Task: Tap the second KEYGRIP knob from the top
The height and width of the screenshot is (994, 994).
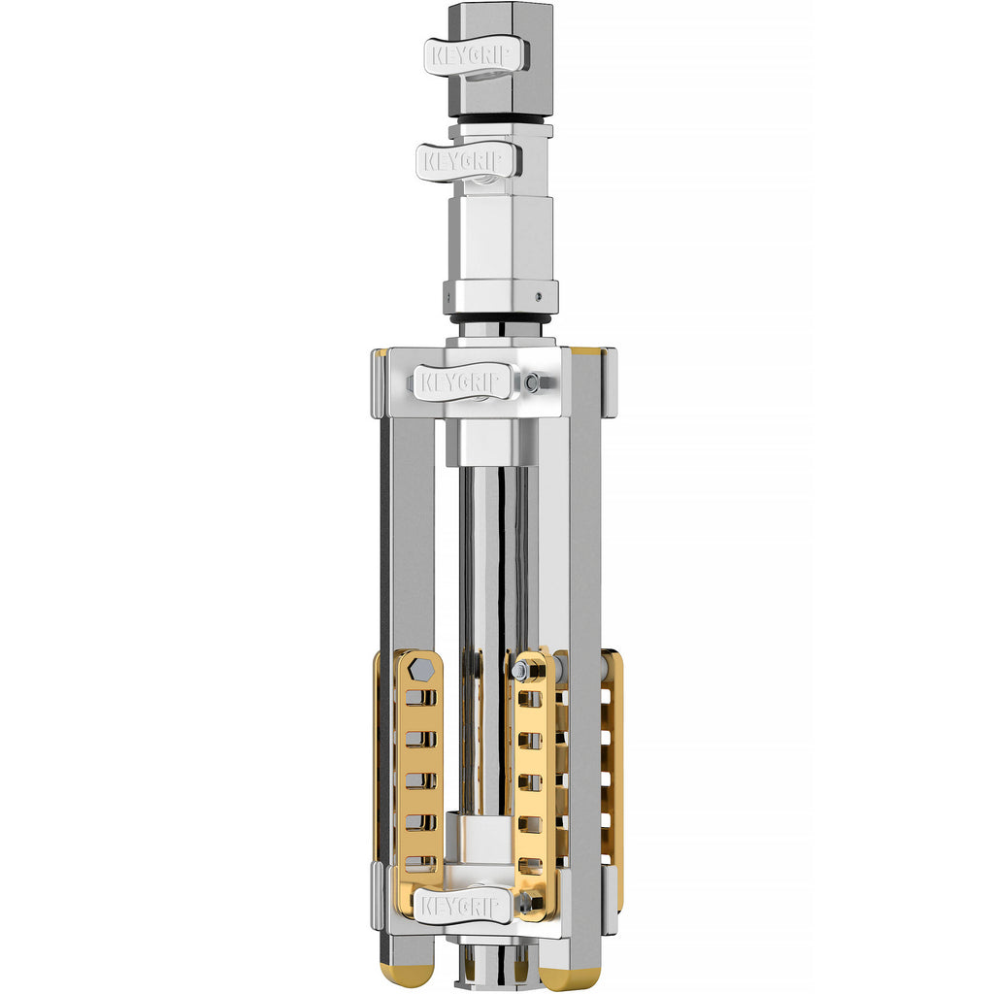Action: (x=468, y=161)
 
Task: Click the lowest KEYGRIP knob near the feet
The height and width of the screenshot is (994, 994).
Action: (x=463, y=906)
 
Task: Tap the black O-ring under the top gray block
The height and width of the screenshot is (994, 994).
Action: (x=501, y=120)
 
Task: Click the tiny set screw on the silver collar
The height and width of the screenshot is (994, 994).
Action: (x=538, y=295)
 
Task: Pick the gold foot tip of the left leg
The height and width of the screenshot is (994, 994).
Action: (x=407, y=973)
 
